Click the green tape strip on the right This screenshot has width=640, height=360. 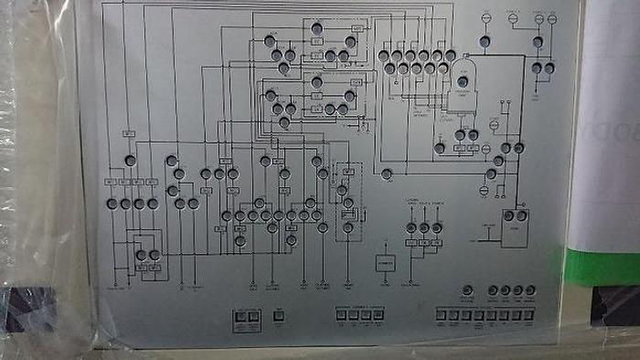point(598,267)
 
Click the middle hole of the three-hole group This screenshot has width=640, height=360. point(424,227)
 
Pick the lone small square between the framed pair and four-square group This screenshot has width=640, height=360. point(279,317)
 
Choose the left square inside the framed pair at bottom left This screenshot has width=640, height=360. point(241,317)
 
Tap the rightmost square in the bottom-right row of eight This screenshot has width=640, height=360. point(530,315)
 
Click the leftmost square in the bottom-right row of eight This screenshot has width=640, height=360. point(441,315)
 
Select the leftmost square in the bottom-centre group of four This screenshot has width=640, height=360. point(339,316)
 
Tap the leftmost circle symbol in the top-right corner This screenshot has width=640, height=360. point(486,16)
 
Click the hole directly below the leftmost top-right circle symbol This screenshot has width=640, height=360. point(486,41)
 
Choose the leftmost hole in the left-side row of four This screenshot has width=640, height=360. point(112,204)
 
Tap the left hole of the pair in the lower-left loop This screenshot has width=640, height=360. point(142,254)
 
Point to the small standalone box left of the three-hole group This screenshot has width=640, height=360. point(385,263)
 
